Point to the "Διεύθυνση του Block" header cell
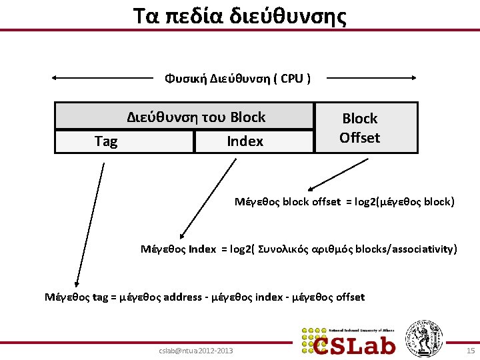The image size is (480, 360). [196, 117]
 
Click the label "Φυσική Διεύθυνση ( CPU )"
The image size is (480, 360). [237, 79]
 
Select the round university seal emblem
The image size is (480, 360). [424, 337]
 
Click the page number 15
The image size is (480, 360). [470, 351]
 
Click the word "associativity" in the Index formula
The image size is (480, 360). [425, 249]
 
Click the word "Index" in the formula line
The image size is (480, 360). [202, 249]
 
